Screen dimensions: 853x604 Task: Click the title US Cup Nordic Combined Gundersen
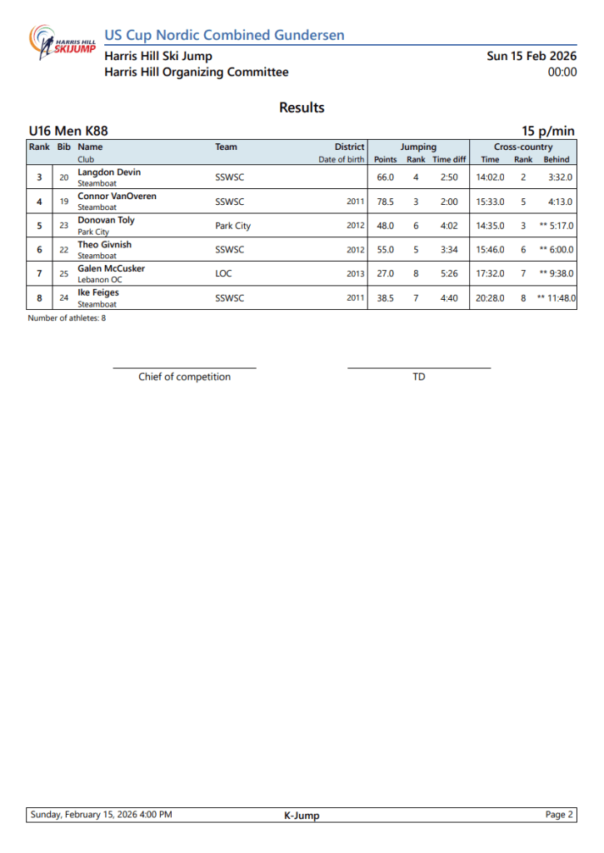point(224,35)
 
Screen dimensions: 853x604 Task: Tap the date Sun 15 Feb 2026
point(532,56)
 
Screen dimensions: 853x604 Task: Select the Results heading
point(302,107)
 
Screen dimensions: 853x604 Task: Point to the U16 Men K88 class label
point(68,131)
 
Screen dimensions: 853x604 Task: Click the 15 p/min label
point(548,131)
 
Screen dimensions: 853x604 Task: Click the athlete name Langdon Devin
point(109,172)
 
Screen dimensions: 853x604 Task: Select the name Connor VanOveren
point(117,197)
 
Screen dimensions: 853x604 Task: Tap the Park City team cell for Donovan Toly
point(232,226)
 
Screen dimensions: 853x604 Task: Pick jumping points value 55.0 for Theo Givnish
point(385,250)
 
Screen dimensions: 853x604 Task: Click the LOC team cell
point(223,274)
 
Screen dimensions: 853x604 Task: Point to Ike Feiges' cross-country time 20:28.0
point(490,298)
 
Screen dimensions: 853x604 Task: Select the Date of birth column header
point(341,159)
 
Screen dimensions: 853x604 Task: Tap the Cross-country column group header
point(522,147)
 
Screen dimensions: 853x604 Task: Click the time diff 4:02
point(450,226)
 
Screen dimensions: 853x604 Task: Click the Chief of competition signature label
point(184,377)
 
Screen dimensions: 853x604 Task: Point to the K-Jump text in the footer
point(302,816)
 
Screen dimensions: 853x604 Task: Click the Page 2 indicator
point(559,815)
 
